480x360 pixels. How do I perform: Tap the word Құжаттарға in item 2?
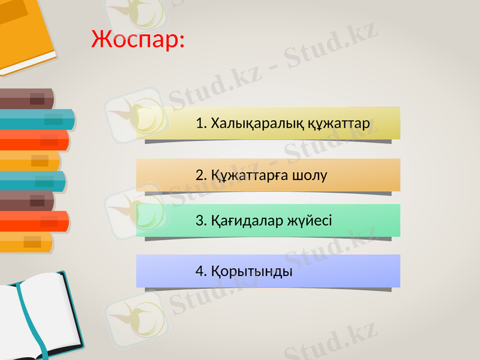point(250,175)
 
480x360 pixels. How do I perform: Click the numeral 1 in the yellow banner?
point(199,124)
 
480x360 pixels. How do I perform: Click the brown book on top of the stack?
point(27,98)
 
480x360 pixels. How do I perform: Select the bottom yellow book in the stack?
point(27,242)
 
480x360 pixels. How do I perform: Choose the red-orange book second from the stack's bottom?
point(33,221)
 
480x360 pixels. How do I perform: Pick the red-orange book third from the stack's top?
point(33,140)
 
